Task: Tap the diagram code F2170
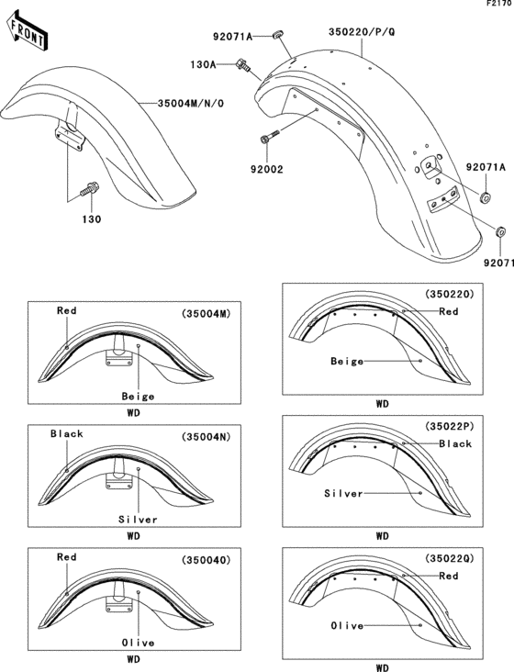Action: [498, 5]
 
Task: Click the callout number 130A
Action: [203, 65]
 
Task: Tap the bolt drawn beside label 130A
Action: [244, 64]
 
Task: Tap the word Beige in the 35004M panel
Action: [137, 397]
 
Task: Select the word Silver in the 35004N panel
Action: [137, 519]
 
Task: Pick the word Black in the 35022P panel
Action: [454, 443]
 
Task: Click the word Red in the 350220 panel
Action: [448, 311]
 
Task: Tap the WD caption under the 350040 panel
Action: [133, 658]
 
